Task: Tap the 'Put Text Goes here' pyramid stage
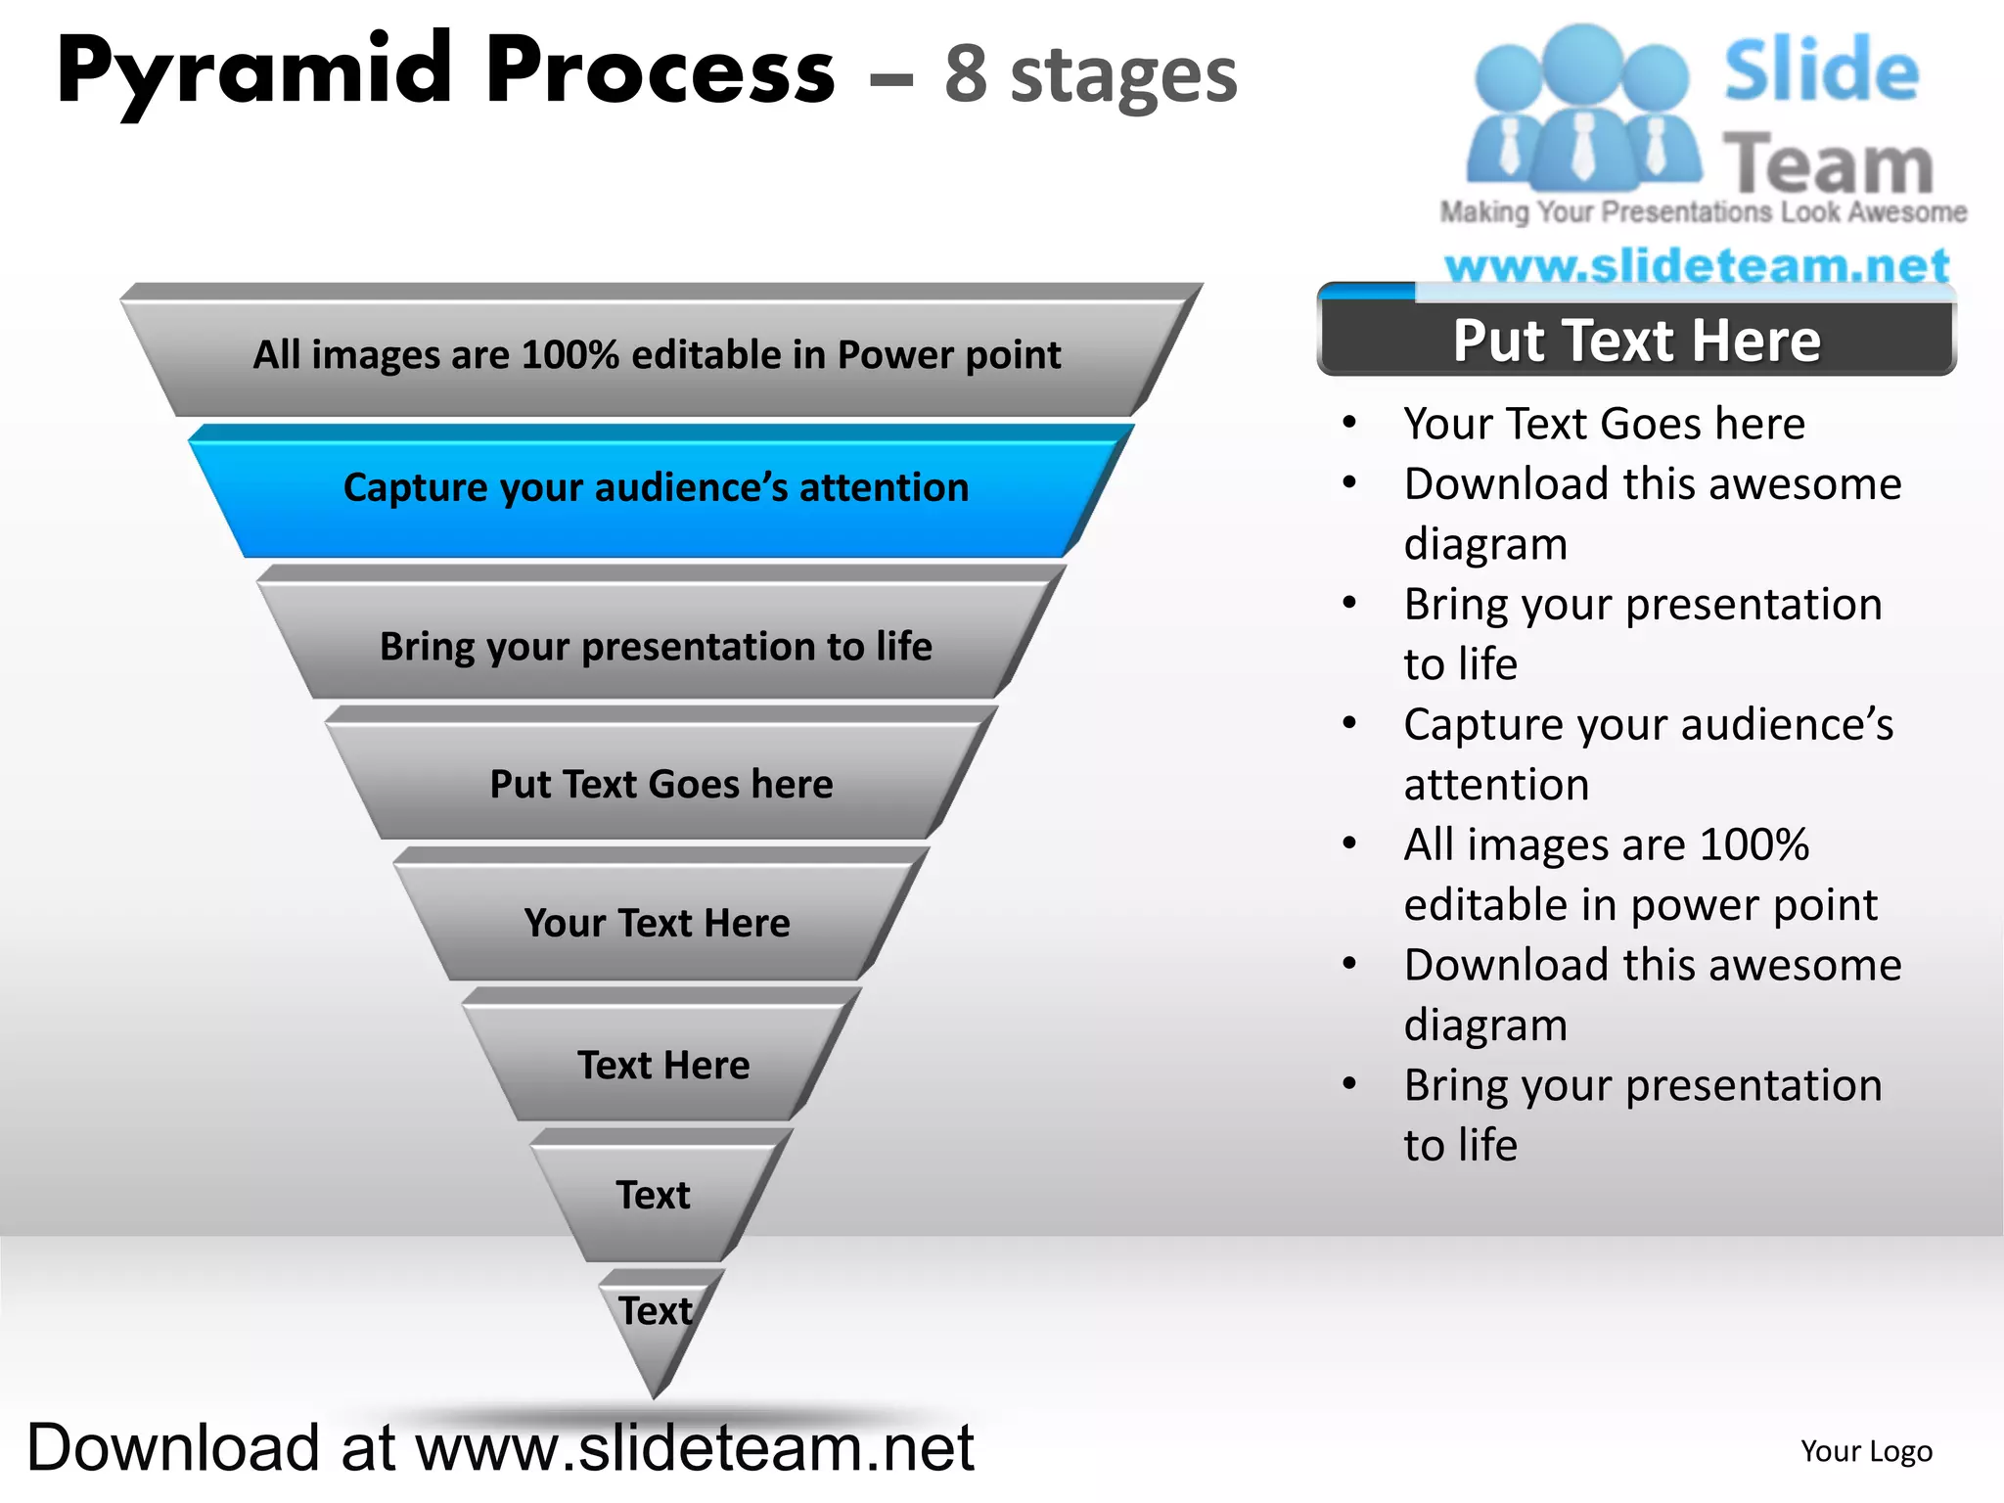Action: coord(660,784)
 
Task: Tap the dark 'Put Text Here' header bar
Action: coord(1636,341)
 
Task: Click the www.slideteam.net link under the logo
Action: coord(1697,266)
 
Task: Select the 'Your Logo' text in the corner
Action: coord(1866,1451)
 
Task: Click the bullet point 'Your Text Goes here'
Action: coord(1604,424)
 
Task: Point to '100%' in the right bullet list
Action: coord(1753,844)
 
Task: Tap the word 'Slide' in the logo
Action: coord(1820,70)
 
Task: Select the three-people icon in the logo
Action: coord(1582,108)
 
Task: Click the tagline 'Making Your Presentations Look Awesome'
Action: coord(1703,212)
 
